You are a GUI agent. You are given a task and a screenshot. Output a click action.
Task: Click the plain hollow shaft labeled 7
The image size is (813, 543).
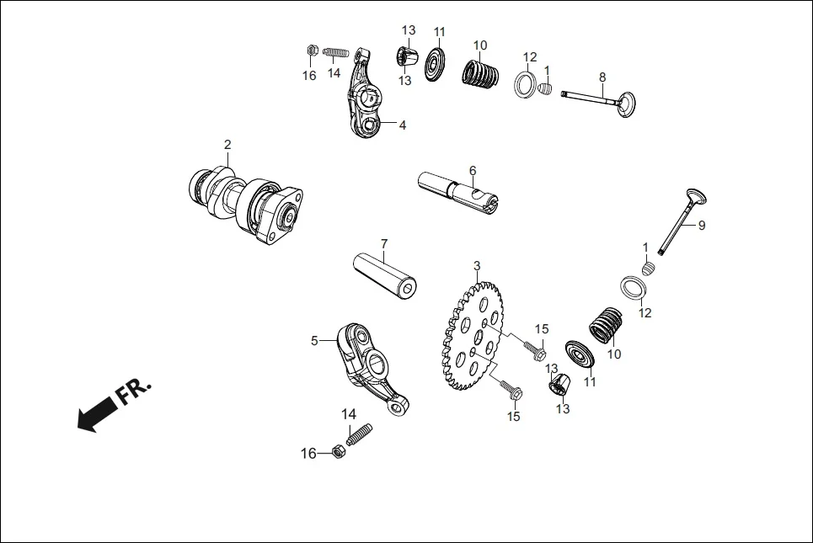[384, 274]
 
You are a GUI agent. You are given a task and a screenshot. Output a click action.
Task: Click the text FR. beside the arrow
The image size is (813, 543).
[135, 391]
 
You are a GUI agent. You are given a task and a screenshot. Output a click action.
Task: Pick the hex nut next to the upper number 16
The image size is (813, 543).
[310, 51]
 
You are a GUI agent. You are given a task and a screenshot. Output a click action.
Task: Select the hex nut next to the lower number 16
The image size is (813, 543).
[338, 452]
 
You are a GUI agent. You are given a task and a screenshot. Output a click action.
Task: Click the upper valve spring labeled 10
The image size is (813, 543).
[479, 71]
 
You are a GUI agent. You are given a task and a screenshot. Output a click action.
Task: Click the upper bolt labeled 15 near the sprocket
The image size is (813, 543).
[532, 348]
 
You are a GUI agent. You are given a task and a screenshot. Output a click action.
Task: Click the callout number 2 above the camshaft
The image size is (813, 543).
[227, 145]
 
